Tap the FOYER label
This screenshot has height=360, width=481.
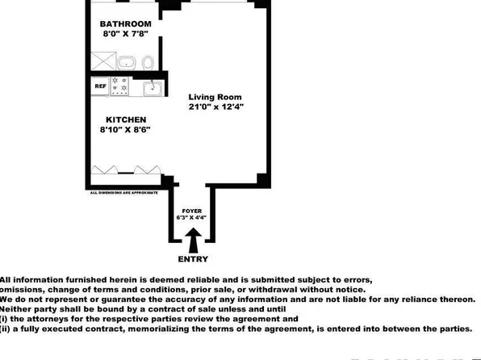coord(192,209)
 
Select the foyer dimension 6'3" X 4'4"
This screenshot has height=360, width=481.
coord(192,217)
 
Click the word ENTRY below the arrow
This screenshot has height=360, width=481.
coord(192,259)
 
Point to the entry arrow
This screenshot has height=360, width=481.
coord(192,240)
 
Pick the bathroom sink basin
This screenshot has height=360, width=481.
coord(126,61)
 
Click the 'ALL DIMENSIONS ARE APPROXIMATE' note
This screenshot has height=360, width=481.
coord(122,193)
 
